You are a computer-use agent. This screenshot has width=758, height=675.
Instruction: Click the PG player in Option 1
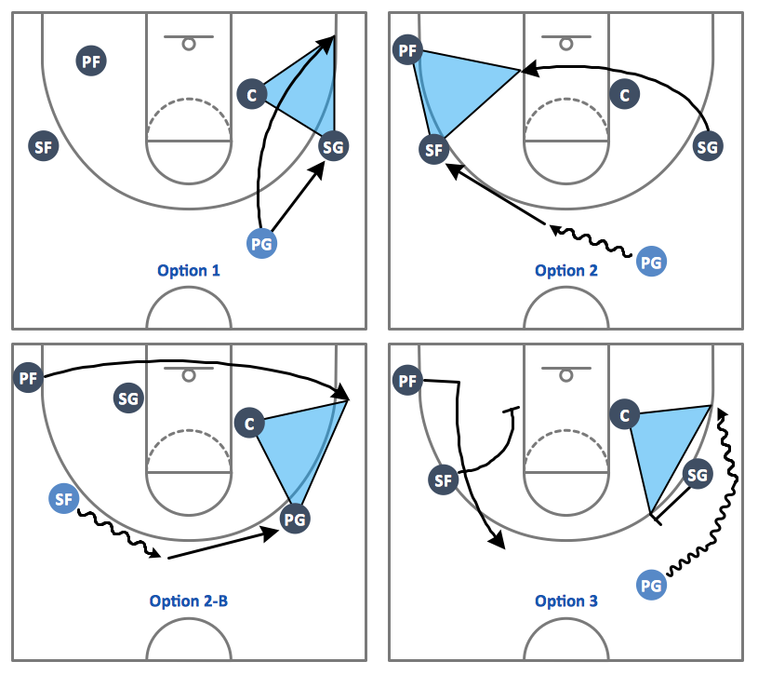pyautogui.click(x=261, y=243)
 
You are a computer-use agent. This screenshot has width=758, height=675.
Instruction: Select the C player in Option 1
pyautogui.click(x=252, y=94)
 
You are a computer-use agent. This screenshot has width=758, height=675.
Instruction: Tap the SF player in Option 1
pyautogui.click(x=44, y=146)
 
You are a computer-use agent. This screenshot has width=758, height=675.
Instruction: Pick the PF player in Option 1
pyautogui.click(x=91, y=61)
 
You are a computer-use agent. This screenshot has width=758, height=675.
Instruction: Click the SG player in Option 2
pyautogui.click(x=708, y=146)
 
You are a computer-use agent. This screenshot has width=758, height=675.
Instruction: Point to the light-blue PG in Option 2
pyautogui.click(x=651, y=262)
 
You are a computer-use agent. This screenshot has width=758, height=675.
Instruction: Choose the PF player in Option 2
pyautogui.click(x=407, y=50)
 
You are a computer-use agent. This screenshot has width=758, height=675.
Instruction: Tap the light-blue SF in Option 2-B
pyautogui.click(x=64, y=498)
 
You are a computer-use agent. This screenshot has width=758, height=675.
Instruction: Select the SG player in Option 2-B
pyautogui.click(x=128, y=398)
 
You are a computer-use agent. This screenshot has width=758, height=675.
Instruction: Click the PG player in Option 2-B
pyautogui.click(x=295, y=520)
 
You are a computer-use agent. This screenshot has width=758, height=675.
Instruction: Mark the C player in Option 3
pyautogui.click(x=625, y=414)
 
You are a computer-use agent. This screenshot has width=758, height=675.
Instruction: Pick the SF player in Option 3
pyautogui.click(x=444, y=480)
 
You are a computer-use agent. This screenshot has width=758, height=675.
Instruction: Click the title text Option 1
pyautogui.click(x=189, y=271)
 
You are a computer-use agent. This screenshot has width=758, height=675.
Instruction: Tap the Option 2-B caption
pyautogui.click(x=189, y=601)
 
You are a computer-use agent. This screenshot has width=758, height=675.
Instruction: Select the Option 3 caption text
pyautogui.click(x=566, y=601)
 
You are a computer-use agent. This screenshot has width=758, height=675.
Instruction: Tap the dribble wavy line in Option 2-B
pyautogui.click(x=118, y=533)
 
